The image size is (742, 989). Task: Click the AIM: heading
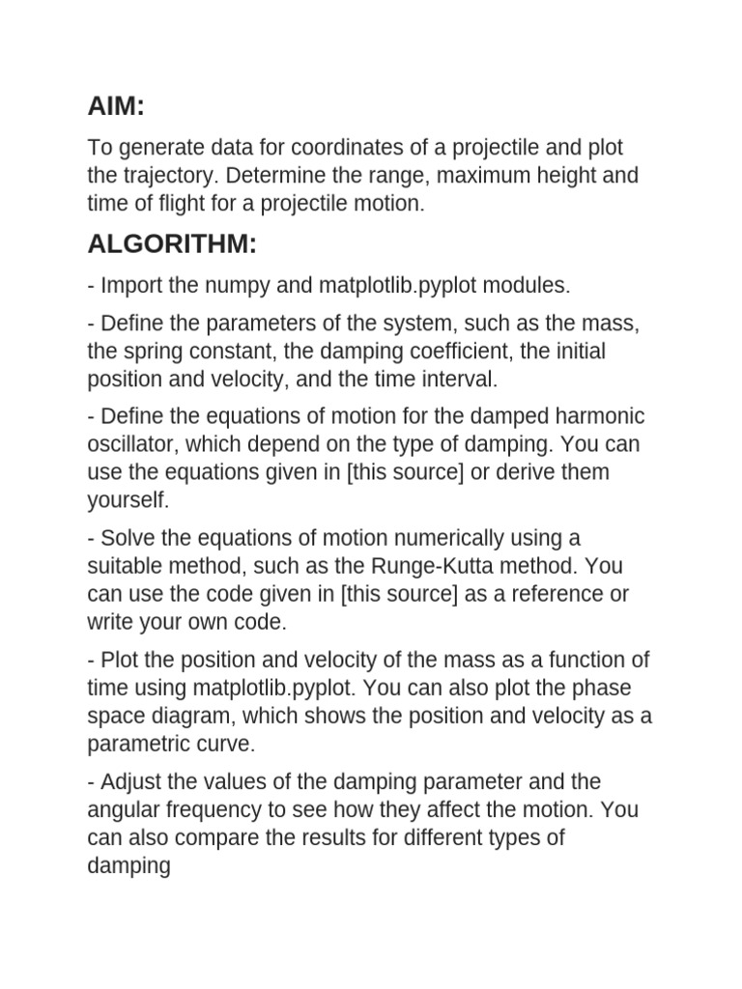[116, 106]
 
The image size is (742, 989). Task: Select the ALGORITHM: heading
[172, 244]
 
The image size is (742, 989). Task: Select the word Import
[132, 286]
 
